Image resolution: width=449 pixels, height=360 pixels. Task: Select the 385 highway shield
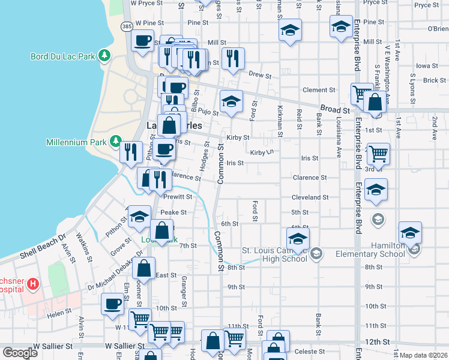(x=126, y=27)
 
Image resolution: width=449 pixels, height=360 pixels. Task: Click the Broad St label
(x=334, y=110)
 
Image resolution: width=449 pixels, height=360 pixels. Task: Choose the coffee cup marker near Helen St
(x=112, y=304)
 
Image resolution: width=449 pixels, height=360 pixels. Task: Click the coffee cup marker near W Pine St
(x=142, y=41)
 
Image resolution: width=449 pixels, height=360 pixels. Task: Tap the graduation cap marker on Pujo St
(x=231, y=101)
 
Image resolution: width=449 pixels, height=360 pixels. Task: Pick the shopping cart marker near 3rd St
(x=378, y=154)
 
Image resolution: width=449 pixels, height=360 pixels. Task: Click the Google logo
(x=19, y=353)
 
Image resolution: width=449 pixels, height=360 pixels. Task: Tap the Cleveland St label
(x=310, y=197)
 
